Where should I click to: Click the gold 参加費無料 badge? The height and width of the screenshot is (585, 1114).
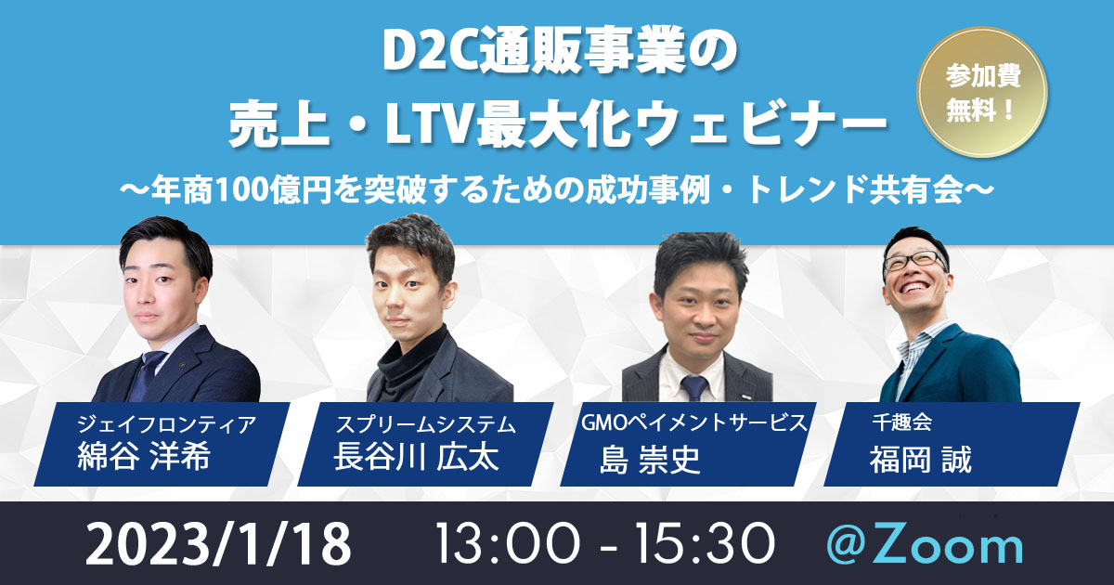982,93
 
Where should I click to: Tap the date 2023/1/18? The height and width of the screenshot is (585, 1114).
218,543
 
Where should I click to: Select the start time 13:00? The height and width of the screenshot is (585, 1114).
507,544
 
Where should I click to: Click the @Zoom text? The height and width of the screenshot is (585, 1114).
925,546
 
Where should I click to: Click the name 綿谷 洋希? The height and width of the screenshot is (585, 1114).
144,457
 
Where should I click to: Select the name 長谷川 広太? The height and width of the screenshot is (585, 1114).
416,457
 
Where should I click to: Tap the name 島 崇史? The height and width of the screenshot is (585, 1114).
650,459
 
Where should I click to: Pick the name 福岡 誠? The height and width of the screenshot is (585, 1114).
920,459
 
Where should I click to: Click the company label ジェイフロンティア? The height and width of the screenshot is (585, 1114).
166,424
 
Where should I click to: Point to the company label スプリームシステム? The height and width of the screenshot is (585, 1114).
426,424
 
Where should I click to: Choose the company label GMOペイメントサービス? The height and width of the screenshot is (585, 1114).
693,422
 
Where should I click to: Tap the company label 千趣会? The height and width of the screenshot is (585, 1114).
901,422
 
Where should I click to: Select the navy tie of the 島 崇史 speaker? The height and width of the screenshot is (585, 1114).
694,388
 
